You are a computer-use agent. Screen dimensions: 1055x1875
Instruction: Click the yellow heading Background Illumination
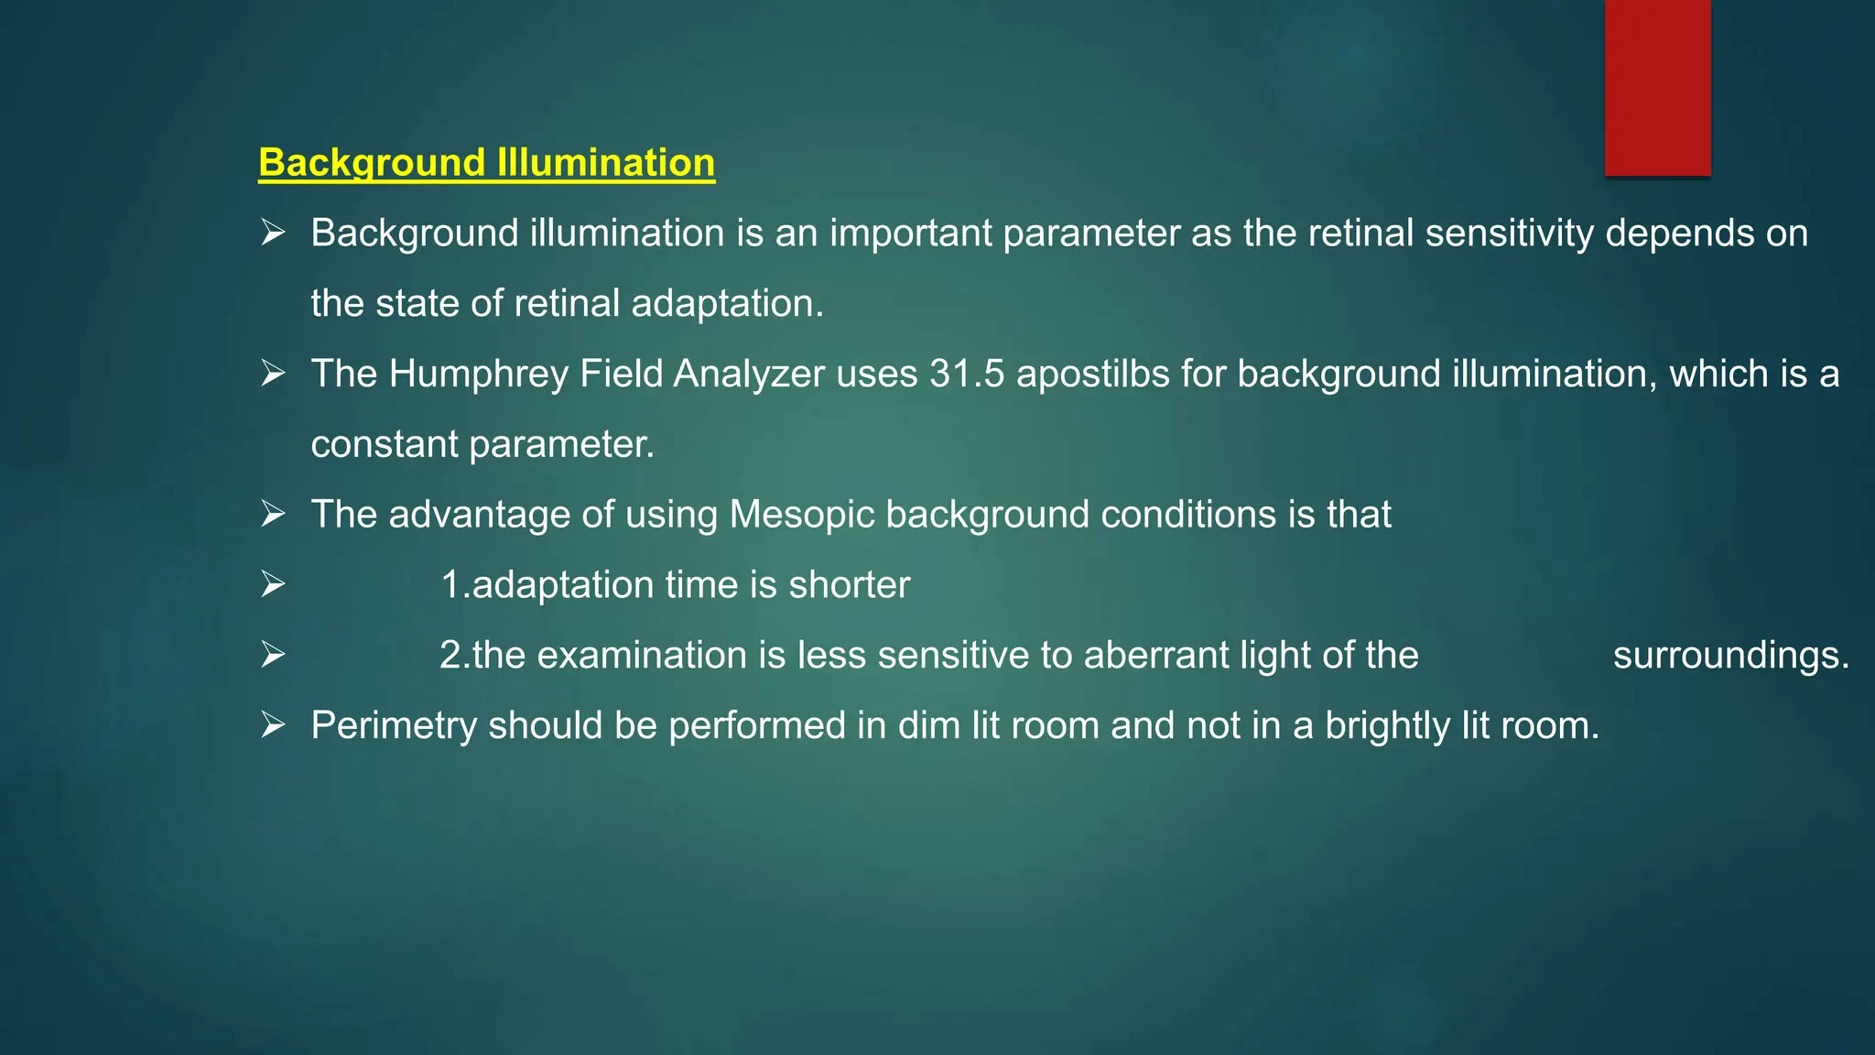[x=486, y=163]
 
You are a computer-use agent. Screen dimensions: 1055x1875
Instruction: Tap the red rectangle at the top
[x=1657, y=88]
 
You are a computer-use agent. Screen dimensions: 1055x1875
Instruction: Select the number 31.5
[x=967, y=375]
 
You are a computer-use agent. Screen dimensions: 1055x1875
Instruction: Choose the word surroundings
[x=1730, y=657]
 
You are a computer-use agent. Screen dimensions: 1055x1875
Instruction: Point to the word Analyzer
[x=749, y=375]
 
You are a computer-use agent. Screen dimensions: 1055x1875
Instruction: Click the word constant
[x=385, y=445]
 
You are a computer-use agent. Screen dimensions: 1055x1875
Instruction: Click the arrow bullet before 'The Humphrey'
[x=273, y=374]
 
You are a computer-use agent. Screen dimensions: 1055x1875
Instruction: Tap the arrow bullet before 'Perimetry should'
[x=273, y=725]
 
